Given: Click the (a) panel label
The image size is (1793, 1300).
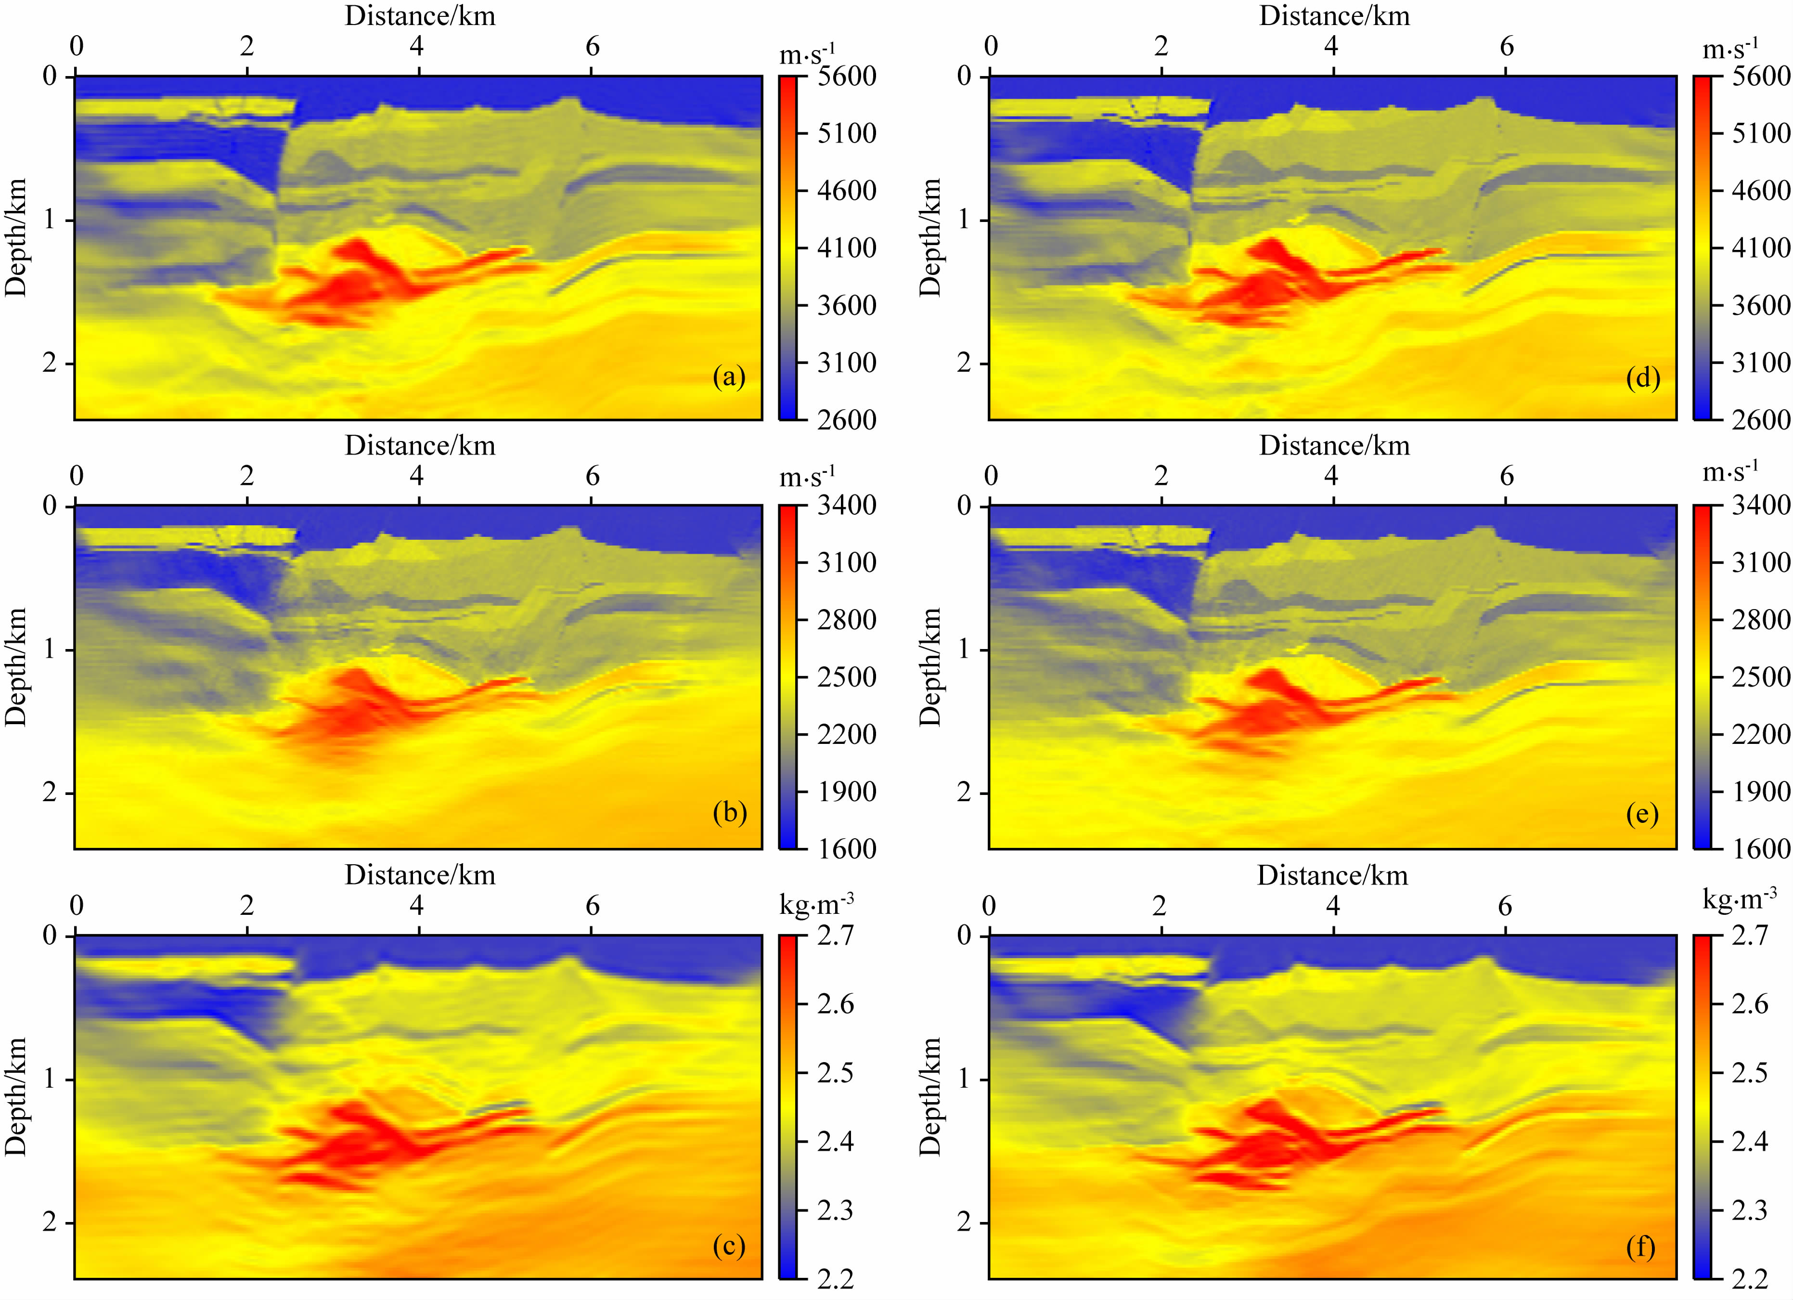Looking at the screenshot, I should coord(728,377).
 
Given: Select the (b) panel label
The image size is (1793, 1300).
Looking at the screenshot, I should coord(728,813).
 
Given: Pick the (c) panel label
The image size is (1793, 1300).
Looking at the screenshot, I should coord(728,1246).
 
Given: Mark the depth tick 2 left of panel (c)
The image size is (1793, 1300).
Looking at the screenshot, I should coord(50,1222).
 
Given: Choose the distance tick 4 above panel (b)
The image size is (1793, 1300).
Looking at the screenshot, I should coord(417,476).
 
